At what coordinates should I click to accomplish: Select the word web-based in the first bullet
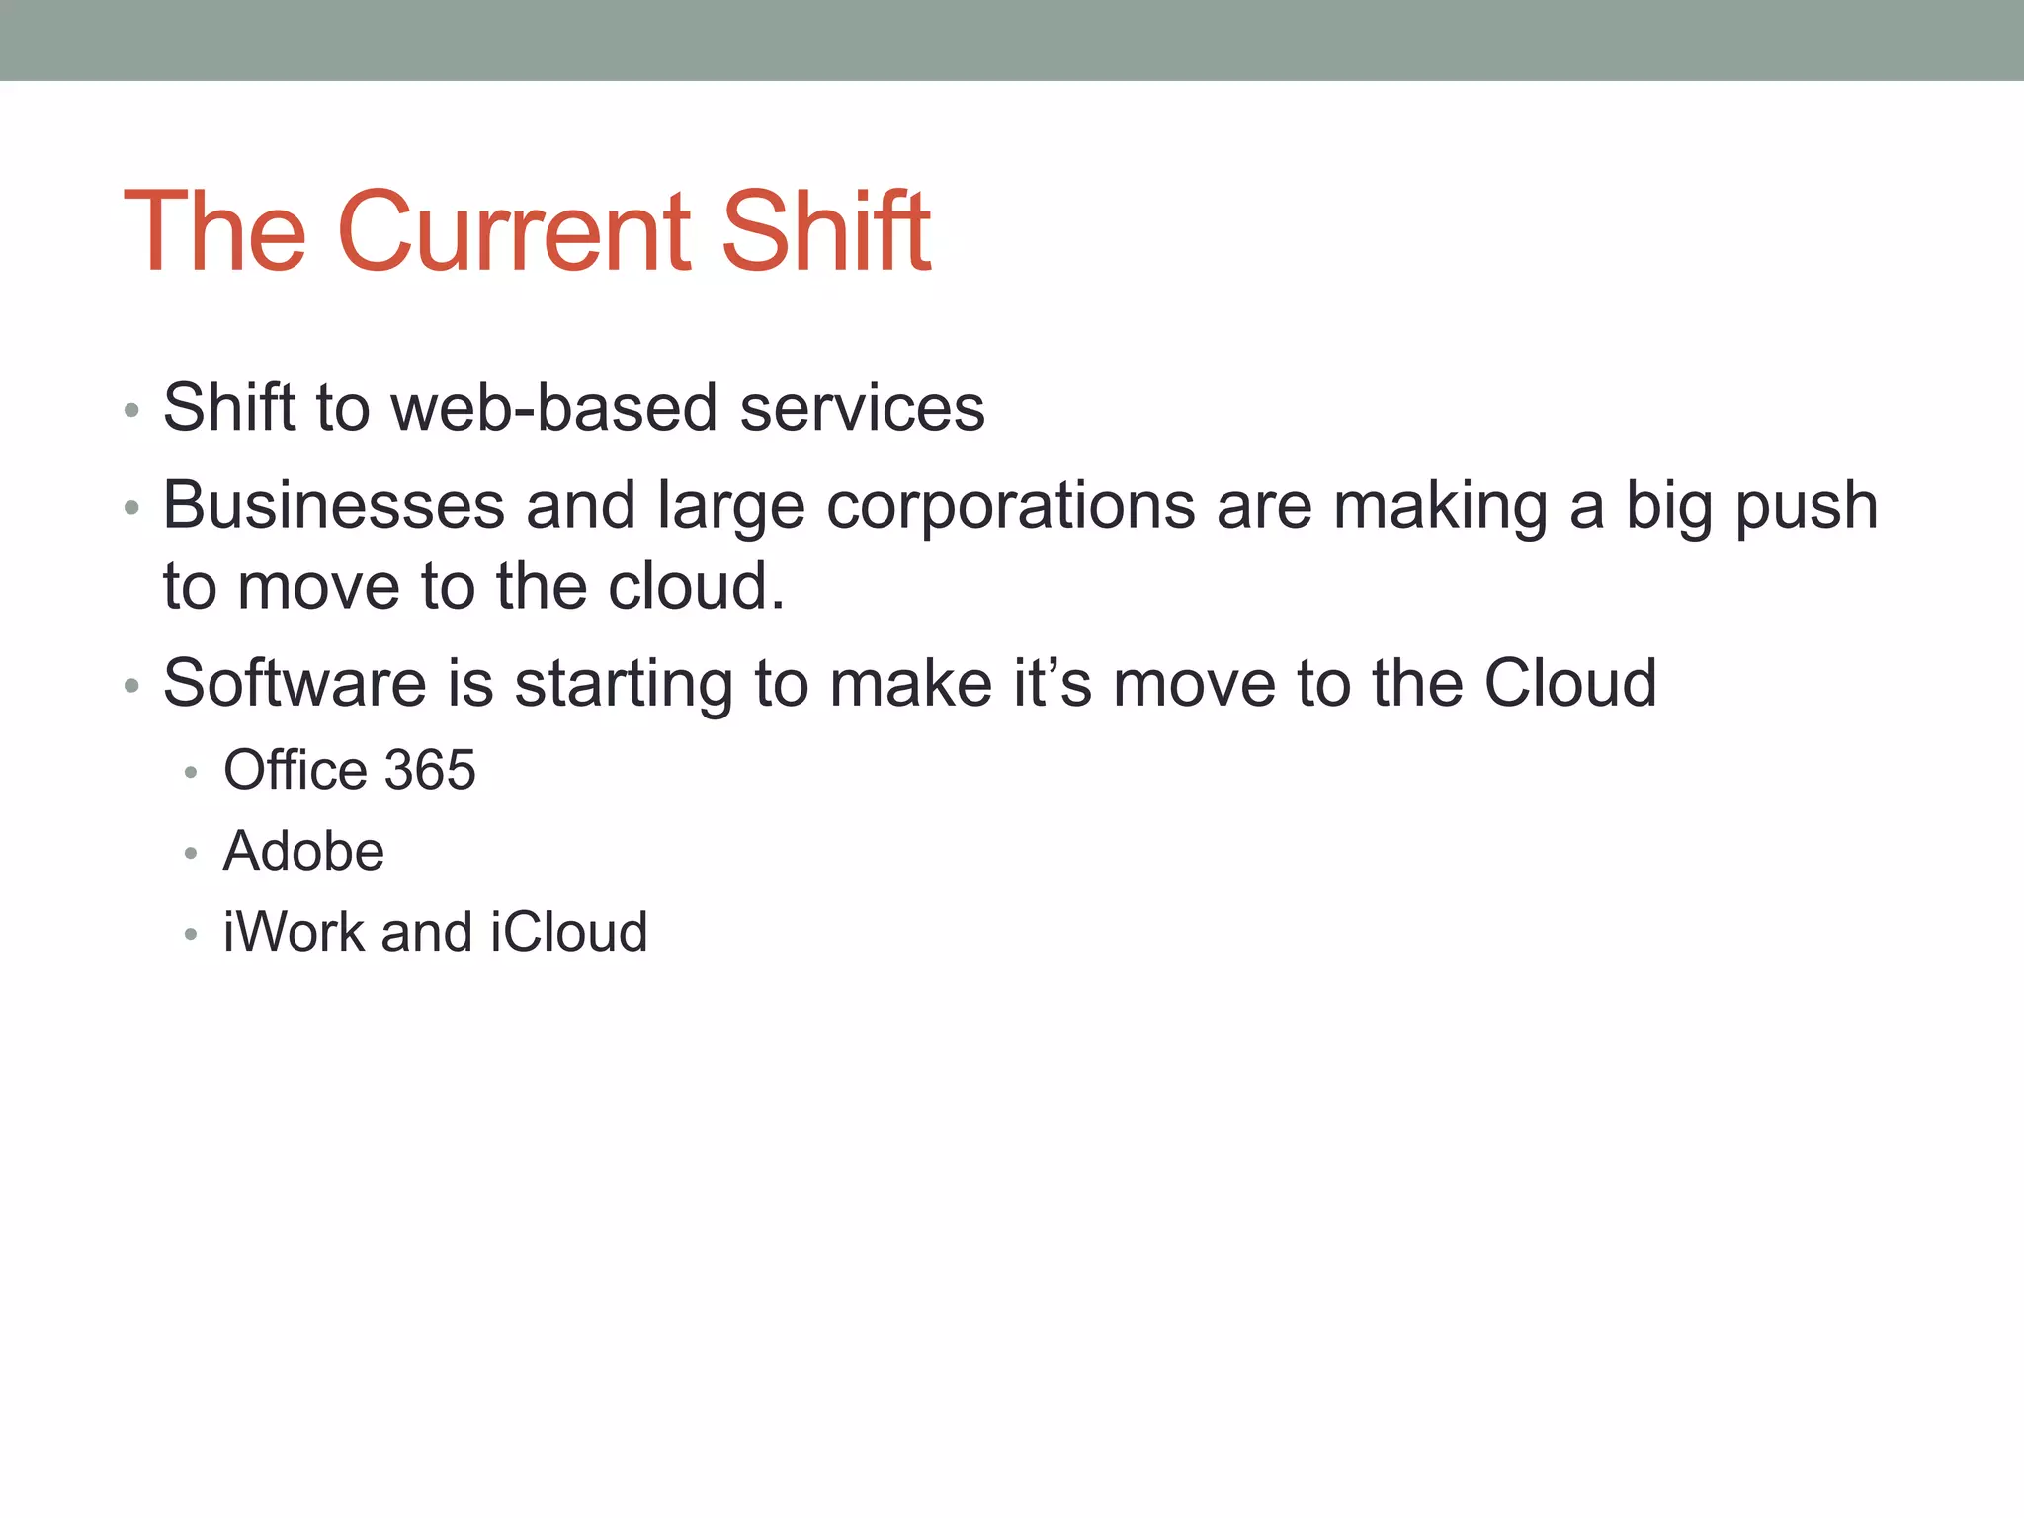point(553,407)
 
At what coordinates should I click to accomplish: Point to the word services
point(862,409)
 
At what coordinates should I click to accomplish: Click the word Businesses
point(334,505)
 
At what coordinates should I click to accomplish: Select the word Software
point(295,683)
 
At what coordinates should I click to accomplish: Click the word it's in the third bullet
point(1053,683)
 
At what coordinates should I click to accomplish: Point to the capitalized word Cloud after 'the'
point(1570,683)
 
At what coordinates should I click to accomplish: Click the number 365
point(430,770)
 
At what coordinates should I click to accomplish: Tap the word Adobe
point(303,851)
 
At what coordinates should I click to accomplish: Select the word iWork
point(294,932)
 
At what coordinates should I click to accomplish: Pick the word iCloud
point(569,932)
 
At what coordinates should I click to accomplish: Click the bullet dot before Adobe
point(191,853)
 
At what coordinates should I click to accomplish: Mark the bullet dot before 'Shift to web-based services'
point(131,410)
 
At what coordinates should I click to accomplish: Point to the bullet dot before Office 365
point(191,772)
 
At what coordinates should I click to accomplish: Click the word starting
point(624,685)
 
